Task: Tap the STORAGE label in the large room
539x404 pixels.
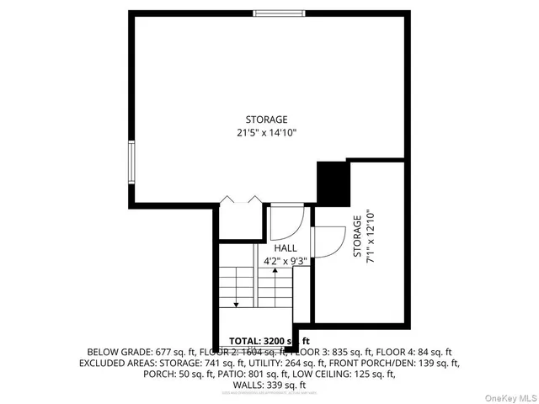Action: pos(266,120)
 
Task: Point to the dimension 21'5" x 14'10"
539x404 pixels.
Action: pos(266,133)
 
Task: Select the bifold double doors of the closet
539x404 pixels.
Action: pos(239,201)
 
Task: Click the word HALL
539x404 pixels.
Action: pos(286,249)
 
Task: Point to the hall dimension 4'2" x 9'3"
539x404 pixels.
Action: pos(286,261)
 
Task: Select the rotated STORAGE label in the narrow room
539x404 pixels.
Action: pos(358,236)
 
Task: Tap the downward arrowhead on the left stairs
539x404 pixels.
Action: pos(237,303)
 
